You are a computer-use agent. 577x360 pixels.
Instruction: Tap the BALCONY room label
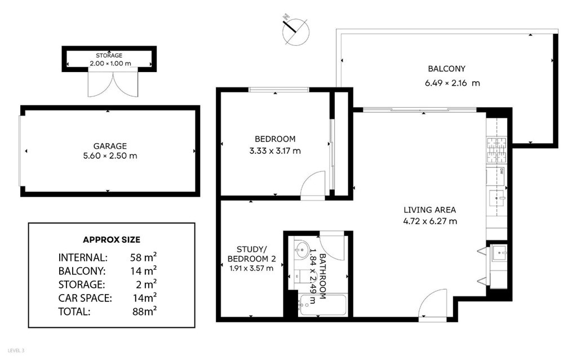pyautogui.click(x=446, y=69)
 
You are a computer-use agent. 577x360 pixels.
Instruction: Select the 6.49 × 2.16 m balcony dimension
pyautogui.click(x=452, y=83)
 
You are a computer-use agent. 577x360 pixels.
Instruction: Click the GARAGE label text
pyautogui.click(x=110, y=146)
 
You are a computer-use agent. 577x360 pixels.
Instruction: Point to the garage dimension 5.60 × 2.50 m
pyautogui.click(x=110, y=155)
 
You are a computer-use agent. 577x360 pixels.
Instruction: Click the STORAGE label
pyautogui.click(x=109, y=55)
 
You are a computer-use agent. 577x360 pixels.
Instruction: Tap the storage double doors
pyautogui.click(x=113, y=83)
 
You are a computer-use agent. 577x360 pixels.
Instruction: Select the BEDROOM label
pyautogui.click(x=275, y=139)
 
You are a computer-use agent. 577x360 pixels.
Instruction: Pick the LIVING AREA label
pyautogui.click(x=430, y=210)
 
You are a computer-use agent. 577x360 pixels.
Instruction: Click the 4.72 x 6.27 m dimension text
pyautogui.click(x=430, y=221)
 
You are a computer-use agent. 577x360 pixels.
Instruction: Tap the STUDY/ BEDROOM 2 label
pyautogui.click(x=252, y=254)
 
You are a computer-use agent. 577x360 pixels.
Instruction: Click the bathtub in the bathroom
pyautogui.click(x=323, y=305)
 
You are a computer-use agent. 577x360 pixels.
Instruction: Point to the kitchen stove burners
pyautogui.click(x=497, y=150)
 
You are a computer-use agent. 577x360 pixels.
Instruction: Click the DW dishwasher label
pyautogui.click(x=501, y=171)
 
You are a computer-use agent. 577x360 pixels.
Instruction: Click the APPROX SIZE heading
pyautogui.click(x=112, y=239)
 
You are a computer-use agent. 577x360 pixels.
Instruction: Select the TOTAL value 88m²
pyautogui.click(x=144, y=312)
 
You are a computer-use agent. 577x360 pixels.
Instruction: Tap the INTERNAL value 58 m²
pyautogui.click(x=143, y=257)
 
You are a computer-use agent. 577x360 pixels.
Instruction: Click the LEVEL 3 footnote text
pyautogui.click(x=16, y=350)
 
